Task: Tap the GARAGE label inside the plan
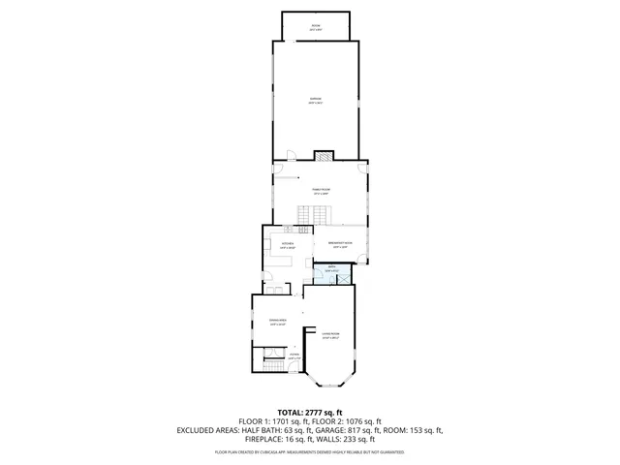pyautogui.click(x=315, y=99)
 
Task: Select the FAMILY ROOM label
pyautogui.click(x=320, y=190)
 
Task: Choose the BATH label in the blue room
pyautogui.click(x=331, y=267)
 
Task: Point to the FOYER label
pyautogui.click(x=293, y=356)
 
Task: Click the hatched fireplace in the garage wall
pyautogui.click(x=325, y=153)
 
